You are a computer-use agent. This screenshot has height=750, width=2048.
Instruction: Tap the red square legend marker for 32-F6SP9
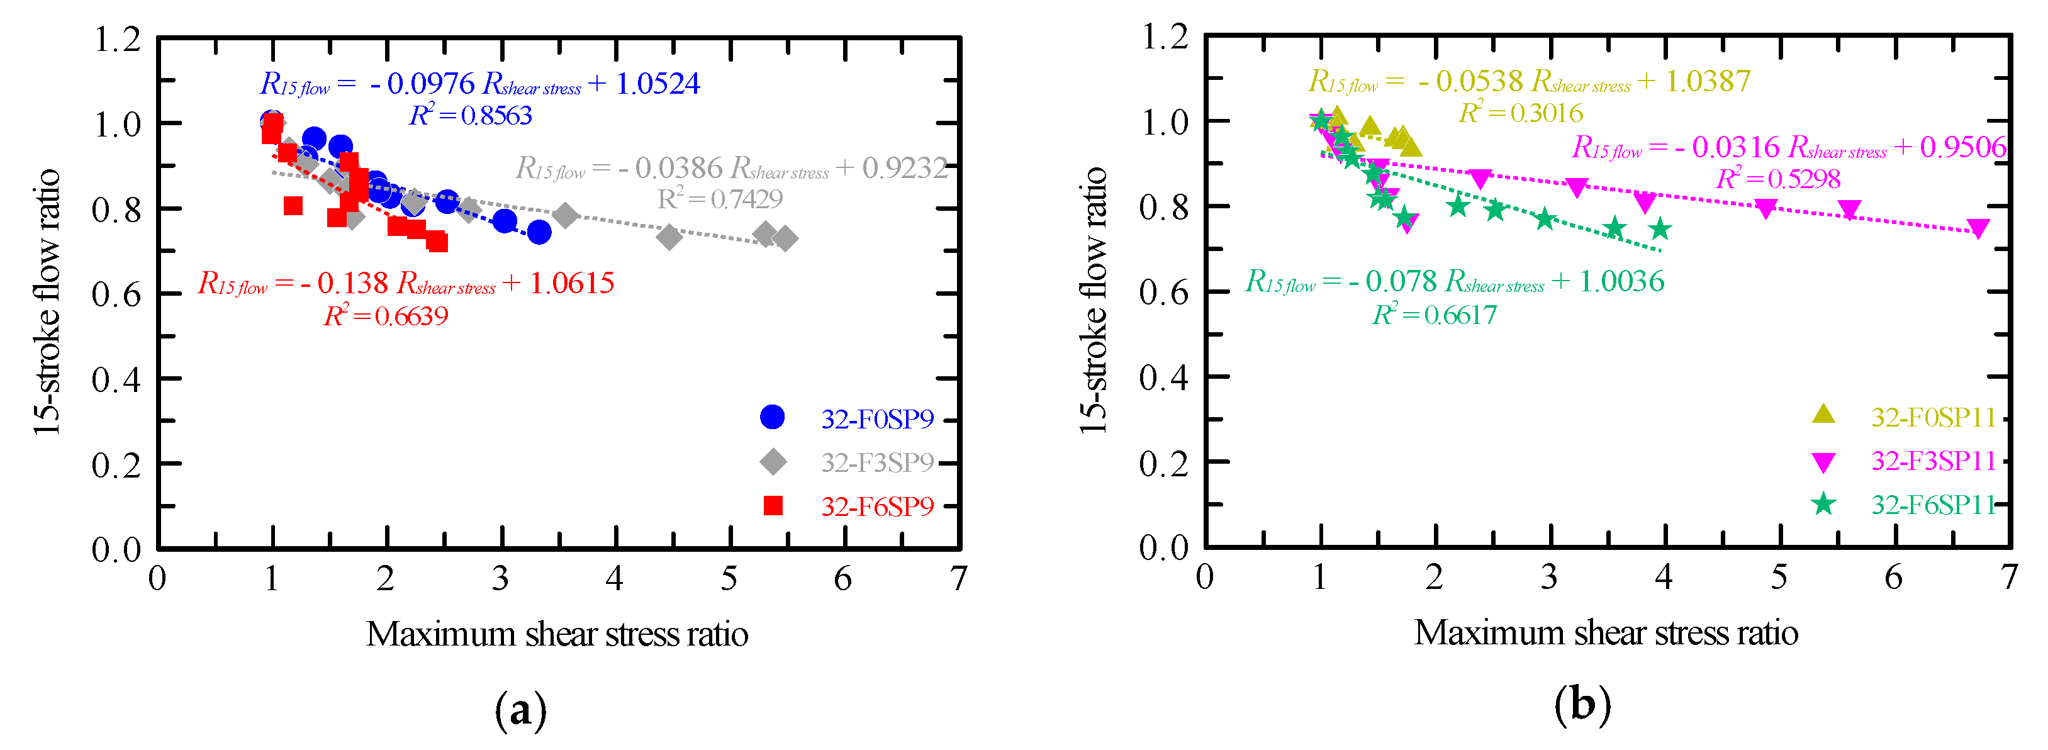[773, 506]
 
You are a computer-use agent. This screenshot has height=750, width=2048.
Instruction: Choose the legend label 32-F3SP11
[1933, 461]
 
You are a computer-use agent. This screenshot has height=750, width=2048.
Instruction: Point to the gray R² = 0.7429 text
[720, 199]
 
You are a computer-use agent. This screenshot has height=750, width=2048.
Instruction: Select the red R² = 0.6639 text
[386, 316]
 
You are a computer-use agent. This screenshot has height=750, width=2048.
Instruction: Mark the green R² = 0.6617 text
[1435, 316]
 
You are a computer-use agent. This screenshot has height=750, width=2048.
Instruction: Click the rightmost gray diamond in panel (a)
[785, 238]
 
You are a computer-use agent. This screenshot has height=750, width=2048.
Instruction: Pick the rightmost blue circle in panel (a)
[539, 232]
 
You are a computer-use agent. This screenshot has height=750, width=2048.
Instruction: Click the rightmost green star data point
[1660, 230]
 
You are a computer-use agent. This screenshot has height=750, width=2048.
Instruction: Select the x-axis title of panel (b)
[1606, 634]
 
